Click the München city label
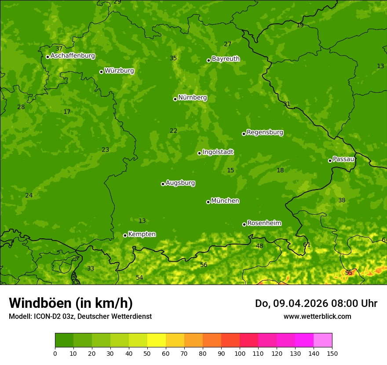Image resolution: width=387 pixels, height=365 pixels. pos(225,201)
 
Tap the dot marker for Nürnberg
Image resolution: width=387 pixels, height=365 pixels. pos(175,99)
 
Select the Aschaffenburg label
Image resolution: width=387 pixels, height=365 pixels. pos(73,56)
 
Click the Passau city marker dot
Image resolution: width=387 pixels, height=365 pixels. pos(330,161)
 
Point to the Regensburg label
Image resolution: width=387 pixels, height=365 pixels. pos(265,132)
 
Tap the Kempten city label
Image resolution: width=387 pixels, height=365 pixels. pos(142,234)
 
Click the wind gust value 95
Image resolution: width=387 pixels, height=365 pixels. pos(349,273)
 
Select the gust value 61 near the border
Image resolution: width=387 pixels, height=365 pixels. pos(307,245)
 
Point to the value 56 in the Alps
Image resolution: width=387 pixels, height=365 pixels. pos(204,265)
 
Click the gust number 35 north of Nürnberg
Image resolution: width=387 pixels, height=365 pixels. pos(173,58)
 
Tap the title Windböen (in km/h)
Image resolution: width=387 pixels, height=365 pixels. pos(71,303)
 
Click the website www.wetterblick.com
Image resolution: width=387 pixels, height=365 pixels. pos(317,317)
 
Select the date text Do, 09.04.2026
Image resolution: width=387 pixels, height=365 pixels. pos(290,303)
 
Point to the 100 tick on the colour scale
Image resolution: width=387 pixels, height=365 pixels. pos(240,353)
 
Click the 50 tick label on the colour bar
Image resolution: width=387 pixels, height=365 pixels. pos(147,353)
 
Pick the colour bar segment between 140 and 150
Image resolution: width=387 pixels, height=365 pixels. pos(323,340)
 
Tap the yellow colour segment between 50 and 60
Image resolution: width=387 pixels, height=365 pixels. pos(157,340)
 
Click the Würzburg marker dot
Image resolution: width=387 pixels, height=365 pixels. pos(101,72)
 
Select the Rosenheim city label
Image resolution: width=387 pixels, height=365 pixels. pos(264,223)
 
